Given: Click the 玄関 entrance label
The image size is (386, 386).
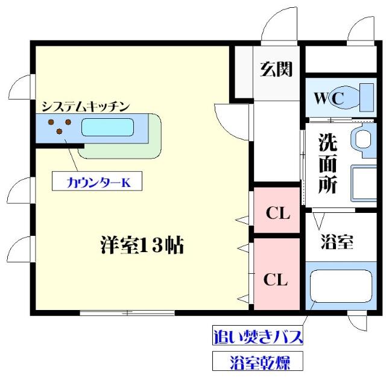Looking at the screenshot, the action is (x=276, y=69).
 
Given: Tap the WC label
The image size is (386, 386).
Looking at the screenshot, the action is (x=329, y=98).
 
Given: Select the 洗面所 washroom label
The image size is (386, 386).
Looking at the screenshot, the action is (x=327, y=163).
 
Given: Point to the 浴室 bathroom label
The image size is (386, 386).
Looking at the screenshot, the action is (x=337, y=242).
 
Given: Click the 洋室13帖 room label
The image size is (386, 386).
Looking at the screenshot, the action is (x=142, y=245).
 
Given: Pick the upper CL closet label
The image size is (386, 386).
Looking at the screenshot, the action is (x=278, y=213).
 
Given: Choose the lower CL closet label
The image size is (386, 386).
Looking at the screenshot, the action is (x=276, y=279).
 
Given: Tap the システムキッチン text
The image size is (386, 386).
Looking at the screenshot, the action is (x=86, y=106).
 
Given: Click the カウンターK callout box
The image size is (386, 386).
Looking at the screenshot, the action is (x=97, y=181).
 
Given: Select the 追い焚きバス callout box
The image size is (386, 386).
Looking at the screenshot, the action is (x=258, y=335).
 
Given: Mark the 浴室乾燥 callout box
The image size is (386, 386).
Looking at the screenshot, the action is (x=258, y=361).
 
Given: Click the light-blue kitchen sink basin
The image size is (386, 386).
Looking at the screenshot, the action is (x=107, y=127).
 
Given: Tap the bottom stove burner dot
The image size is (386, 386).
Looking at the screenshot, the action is (x=59, y=131).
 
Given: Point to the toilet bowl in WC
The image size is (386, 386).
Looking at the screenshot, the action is (x=346, y=98).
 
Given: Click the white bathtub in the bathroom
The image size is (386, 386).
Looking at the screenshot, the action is (x=341, y=286).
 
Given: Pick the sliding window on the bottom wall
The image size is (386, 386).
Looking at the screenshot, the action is (x=127, y=313).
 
